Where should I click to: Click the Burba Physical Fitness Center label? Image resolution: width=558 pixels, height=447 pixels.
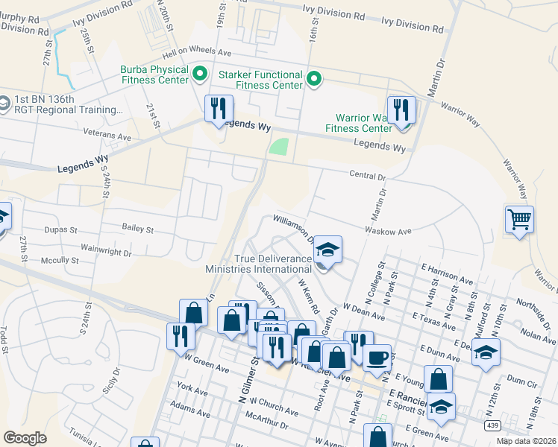(x=154, y=74)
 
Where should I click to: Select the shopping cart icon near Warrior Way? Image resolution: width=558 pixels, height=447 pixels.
(x=519, y=220)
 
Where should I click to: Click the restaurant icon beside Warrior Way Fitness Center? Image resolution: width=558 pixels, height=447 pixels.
(x=401, y=110)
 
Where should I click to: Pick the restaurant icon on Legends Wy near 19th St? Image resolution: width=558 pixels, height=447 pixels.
(x=218, y=109)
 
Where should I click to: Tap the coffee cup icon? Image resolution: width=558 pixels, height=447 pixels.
(x=377, y=357)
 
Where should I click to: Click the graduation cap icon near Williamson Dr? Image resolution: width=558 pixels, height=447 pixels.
(x=327, y=250)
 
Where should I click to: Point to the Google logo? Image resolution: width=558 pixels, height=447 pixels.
(x=25, y=437)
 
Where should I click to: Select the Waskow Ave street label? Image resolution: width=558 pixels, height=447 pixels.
(x=388, y=232)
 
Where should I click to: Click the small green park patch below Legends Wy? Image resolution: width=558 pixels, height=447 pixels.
(x=278, y=147)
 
